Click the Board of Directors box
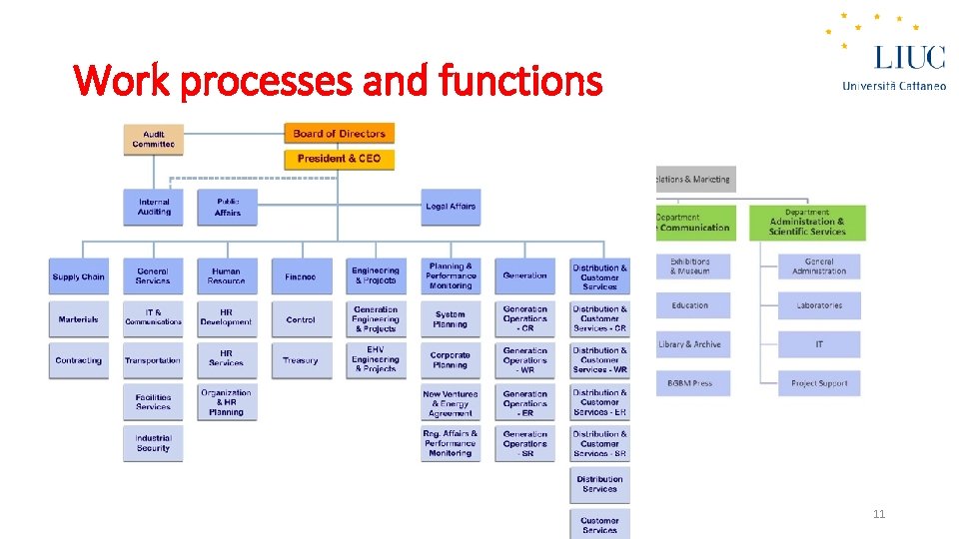coord(340,134)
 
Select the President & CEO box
coord(340,159)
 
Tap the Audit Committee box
coord(153,140)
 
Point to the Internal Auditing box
coord(154,207)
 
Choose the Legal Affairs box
coord(451,207)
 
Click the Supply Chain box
coord(79,276)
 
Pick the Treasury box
coord(301,360)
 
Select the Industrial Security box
coord(154,443)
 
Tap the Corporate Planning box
coord(451,360)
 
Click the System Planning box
coord(451,319)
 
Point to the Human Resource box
coord(227,276)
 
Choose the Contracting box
coord(79,360)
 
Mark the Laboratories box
coord(819,305)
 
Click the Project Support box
coord(819,383)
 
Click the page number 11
coord(879,515)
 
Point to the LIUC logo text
coord(909,56)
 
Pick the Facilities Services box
coord(154,401)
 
